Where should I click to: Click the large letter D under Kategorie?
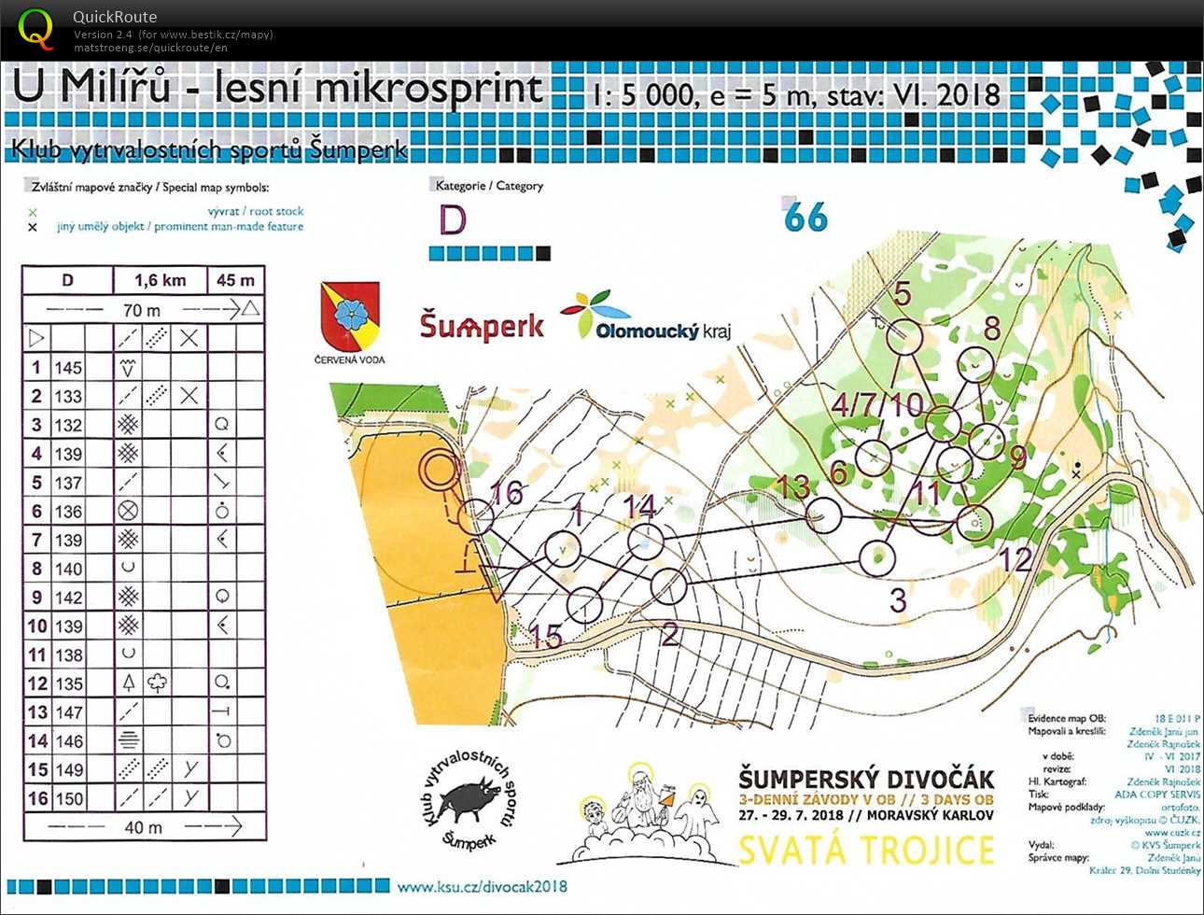click(453, 220)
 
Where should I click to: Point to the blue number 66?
click(805, 218)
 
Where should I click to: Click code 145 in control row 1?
click(68, 368)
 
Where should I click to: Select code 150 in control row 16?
click(68, 799)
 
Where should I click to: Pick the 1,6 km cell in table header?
click(160, 280)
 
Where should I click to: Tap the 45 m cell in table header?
click(235, 280)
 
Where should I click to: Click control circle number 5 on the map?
click(903, 336)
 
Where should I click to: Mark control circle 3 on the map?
click(876, 558)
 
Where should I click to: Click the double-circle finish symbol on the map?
click(438, 470)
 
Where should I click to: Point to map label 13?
click(792, 486)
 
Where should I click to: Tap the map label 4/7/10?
click(876, 405)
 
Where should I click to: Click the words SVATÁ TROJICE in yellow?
click(866, 851)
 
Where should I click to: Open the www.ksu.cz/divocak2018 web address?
click(482, 886)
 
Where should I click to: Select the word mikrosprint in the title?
click(429, 90)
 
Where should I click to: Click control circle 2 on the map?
click(668, 586)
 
